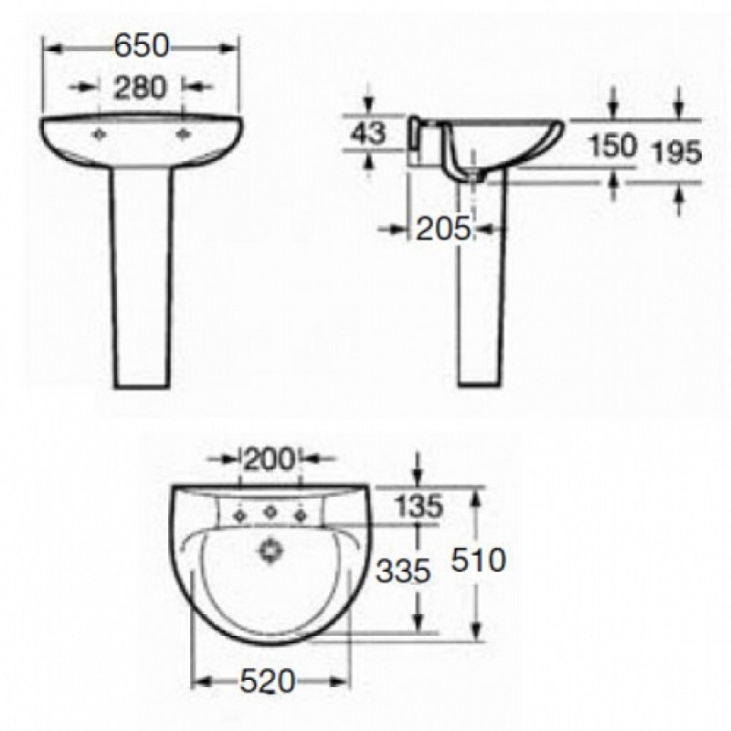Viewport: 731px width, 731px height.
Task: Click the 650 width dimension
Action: pos(142,47)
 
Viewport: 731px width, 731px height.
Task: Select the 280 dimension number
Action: pos(140,88)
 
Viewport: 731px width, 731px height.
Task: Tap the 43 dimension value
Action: pos(369,132)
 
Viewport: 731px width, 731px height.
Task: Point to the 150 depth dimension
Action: pos(612,145)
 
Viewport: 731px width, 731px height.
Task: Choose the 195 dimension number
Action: pos(676,152)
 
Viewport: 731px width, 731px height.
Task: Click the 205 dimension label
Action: pos(443,229)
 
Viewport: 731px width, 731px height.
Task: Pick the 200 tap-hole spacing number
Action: pos(270,460)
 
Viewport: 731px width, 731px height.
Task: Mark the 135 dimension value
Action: pos(418,506)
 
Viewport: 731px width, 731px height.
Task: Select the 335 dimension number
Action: pos(403,570)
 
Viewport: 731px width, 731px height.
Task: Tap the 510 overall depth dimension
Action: pos(478,560)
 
